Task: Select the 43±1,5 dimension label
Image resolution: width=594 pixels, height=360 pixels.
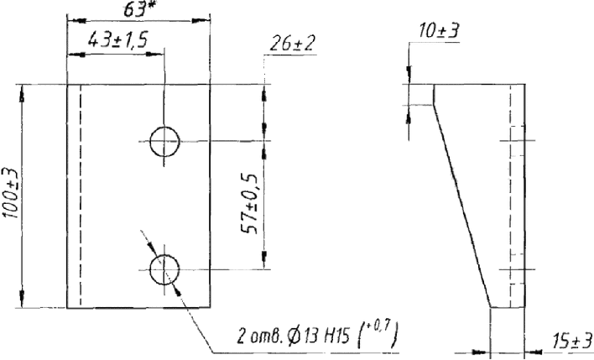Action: pyautogui.click(x=117, y=39)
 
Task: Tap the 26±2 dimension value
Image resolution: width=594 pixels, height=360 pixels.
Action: pyautogui.click(x=292, y=44)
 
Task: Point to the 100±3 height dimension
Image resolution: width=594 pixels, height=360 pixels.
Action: pyautogui.click(x=11, y=193)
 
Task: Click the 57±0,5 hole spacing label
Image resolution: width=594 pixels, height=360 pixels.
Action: pyautogui.click(x=250, y=203)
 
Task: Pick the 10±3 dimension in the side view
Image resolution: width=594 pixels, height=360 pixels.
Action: pyautogui.click(x=439, y=31)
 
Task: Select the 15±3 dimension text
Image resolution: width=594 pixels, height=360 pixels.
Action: pyautogui.click(x=571, y=341)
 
